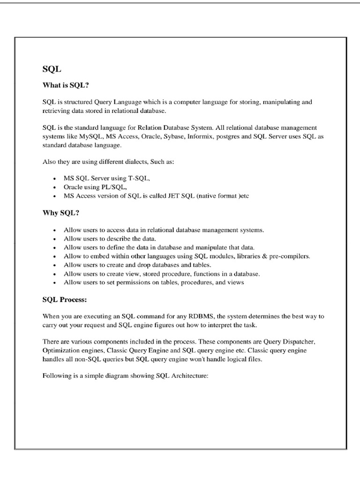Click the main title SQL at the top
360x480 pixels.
click(x=52, y=69)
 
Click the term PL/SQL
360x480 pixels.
click(x=111, y=187)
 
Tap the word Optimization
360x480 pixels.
click(x=61, y=350)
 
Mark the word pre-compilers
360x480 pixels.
click(x=291, y=256)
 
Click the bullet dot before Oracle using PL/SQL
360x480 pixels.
click(x=56, y=187)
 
